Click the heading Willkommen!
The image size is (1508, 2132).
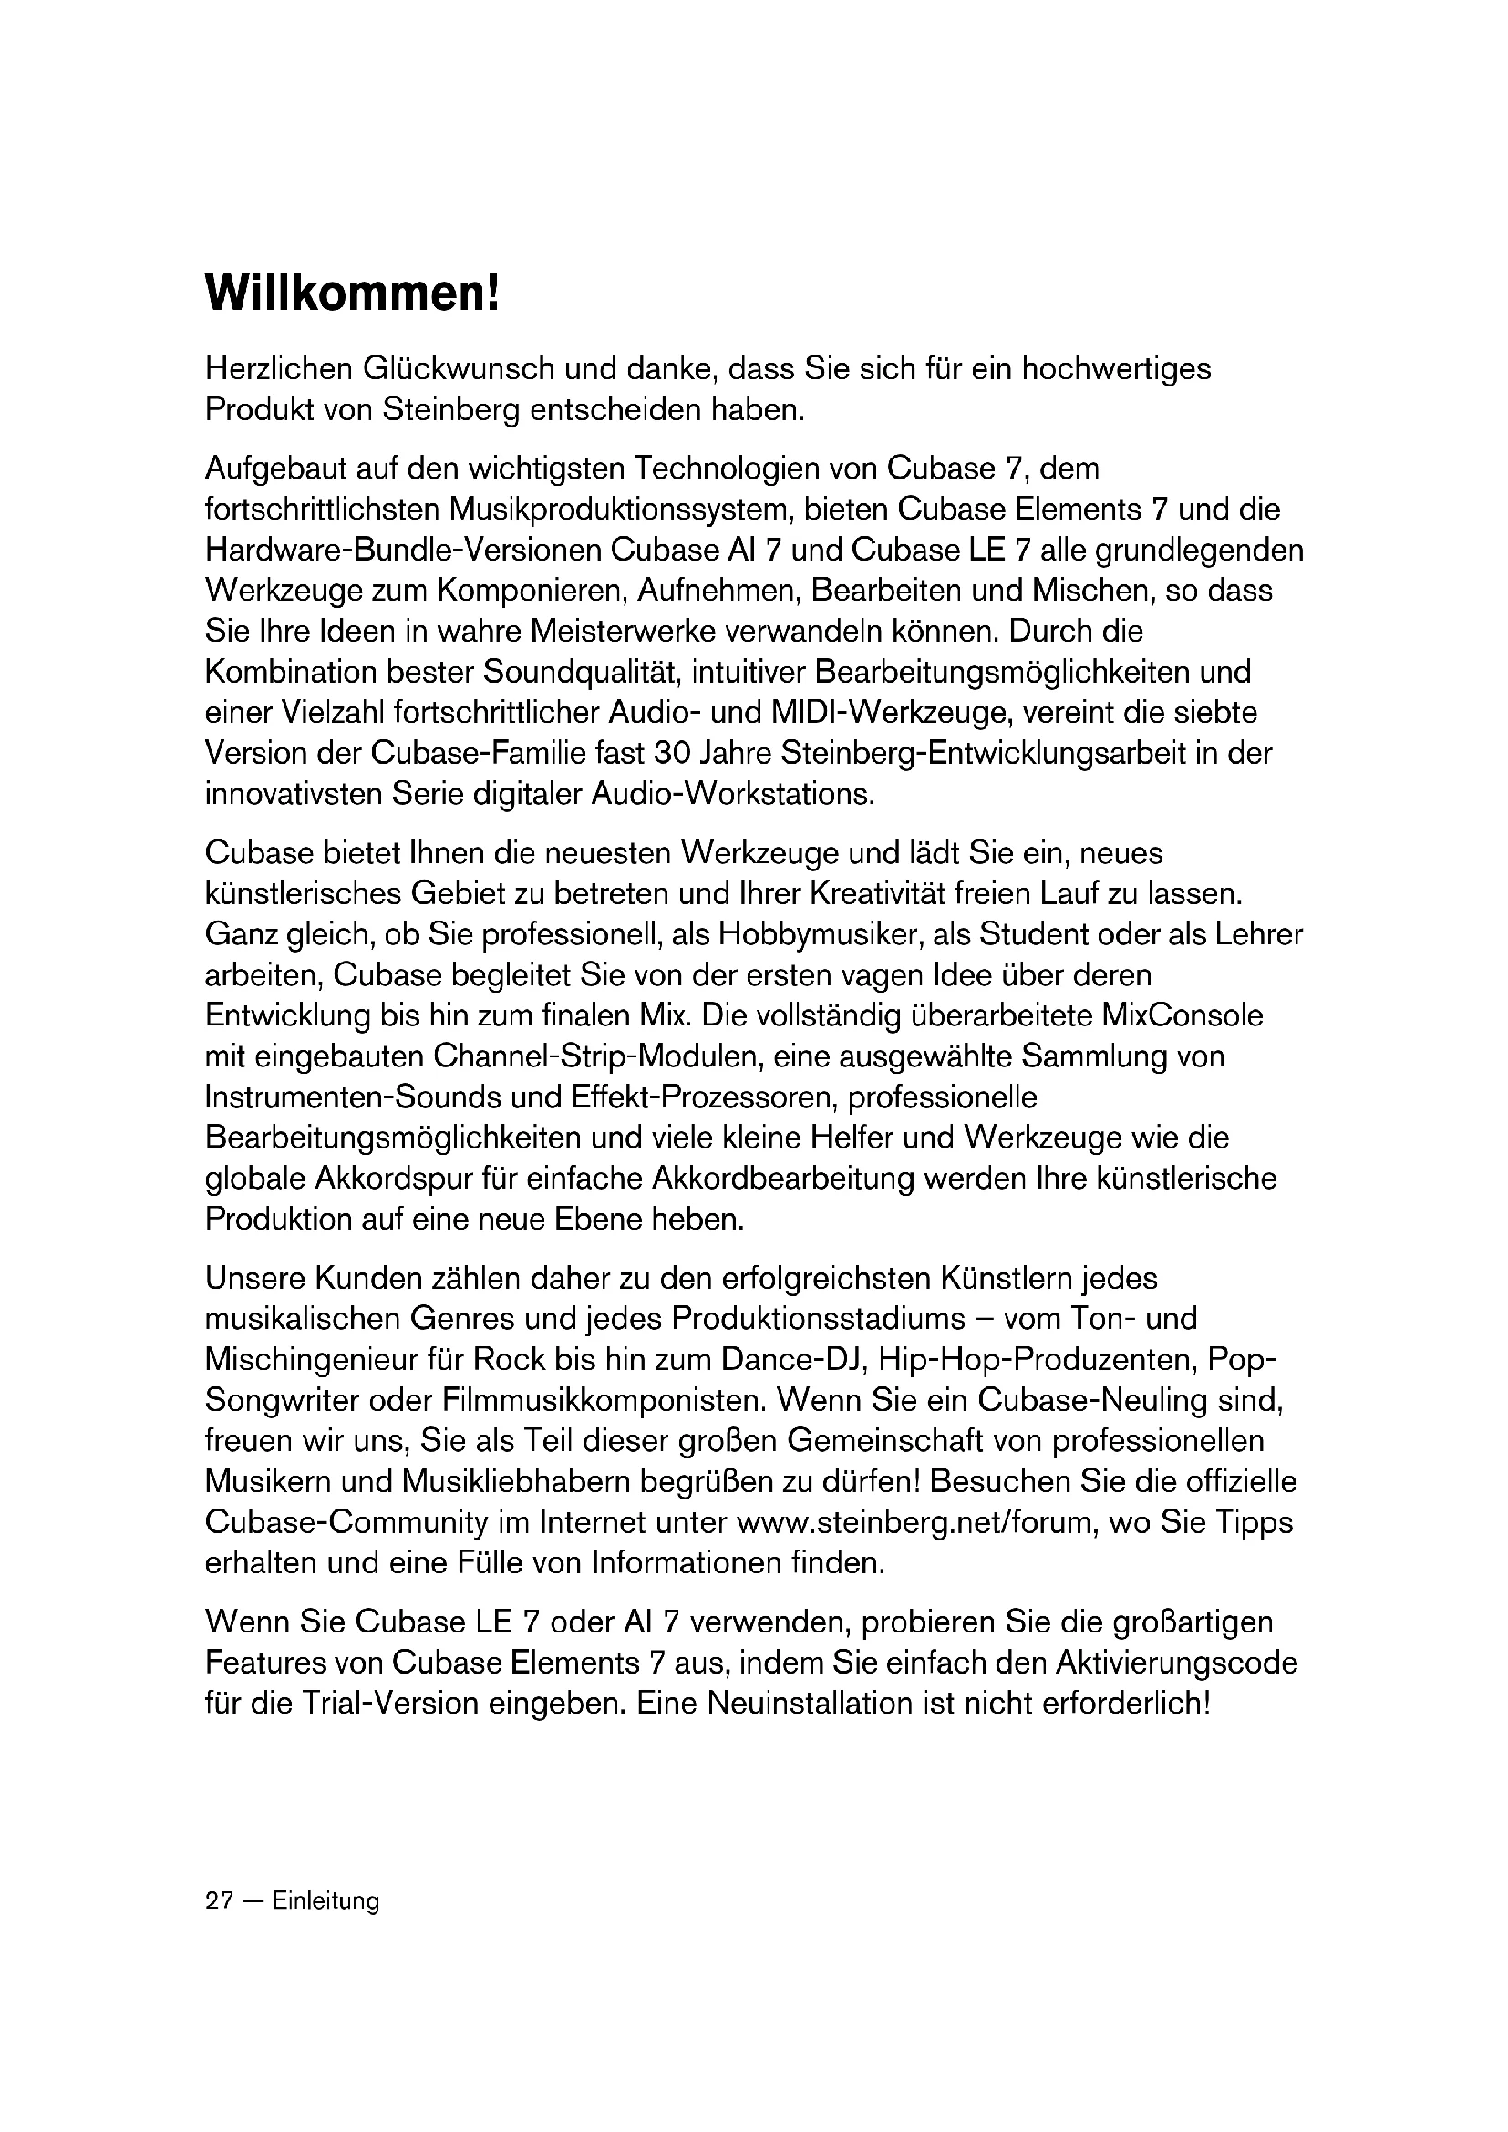(x=352, y=294)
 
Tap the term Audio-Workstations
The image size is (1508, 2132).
(x=733, y=793)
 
